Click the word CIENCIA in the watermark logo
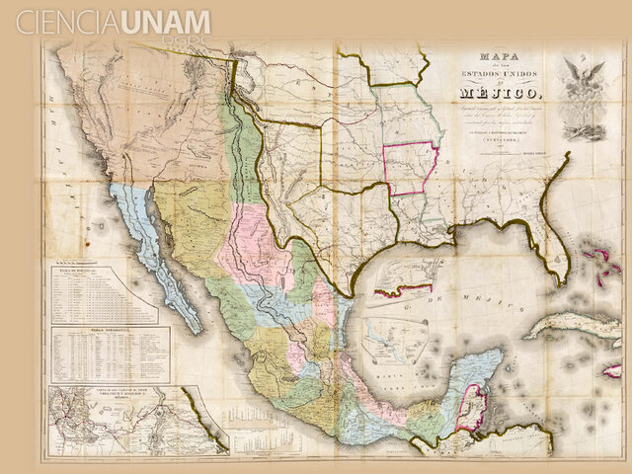[67, 22]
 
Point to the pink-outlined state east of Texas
[410, 169]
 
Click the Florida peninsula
[553, 247]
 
